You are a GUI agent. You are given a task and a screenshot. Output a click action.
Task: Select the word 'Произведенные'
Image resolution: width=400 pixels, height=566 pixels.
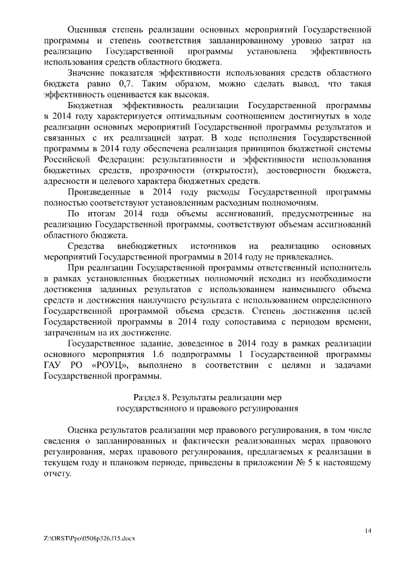coord(98,192)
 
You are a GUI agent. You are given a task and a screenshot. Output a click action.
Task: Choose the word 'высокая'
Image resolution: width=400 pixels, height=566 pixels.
coord(190,94)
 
